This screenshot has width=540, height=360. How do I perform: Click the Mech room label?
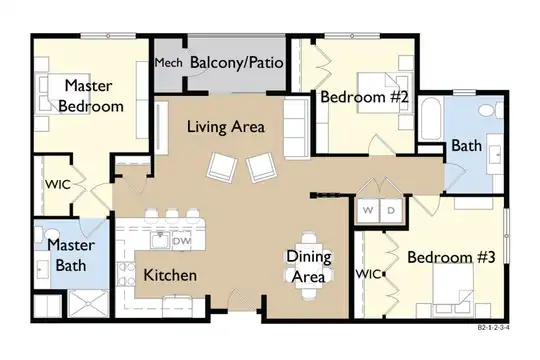(x=168, y=63)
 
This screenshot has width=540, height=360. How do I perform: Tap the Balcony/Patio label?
(x=237, y=63)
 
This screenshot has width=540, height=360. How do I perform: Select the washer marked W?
(x=368, y=210)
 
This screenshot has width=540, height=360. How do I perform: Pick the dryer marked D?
(x=391, y=210)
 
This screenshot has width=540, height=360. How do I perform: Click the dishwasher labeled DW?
(x=181, y=241)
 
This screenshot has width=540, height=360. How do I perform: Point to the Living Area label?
(x=226, y=127)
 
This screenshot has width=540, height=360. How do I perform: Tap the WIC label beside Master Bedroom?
(x=58, y=184)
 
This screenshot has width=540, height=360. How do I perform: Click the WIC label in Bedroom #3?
(x=368, y=274)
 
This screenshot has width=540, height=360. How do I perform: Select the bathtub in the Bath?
(x=431, y=119)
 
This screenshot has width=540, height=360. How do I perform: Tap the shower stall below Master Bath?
(x=89, y=304)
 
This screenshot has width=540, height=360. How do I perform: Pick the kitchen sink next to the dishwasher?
(x=160, y=240)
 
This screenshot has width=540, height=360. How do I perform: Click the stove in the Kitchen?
(x=125, y=274)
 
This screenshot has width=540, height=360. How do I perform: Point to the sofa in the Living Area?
(x=297, y=128)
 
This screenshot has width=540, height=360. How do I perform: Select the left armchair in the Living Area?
(x=222, y=167)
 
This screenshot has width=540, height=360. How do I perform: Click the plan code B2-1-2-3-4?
(x=493, y=328)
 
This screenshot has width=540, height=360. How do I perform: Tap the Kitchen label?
(x=170, y=275)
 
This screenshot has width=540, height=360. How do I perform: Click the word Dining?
(x=309, y=257)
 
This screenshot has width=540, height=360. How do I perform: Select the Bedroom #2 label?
(x=364, y=97)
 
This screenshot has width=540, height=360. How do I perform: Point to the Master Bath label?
(x=71, y=255)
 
